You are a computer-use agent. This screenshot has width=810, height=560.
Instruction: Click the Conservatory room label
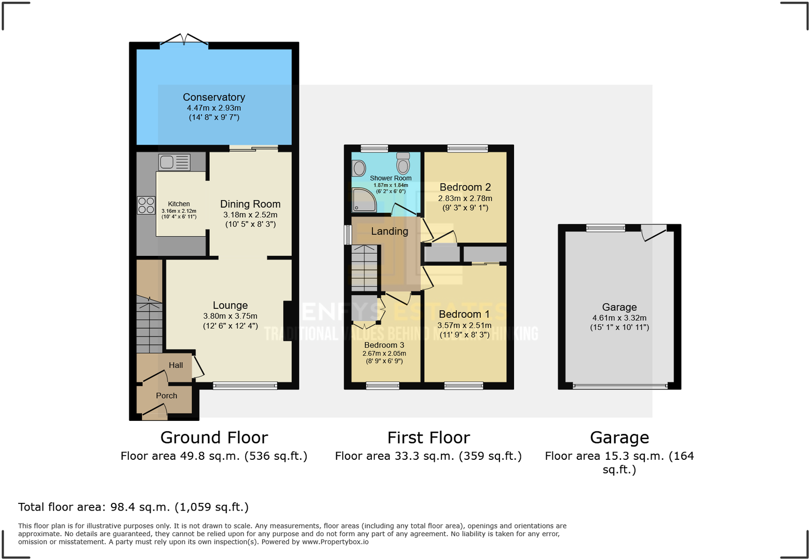[x=214, y=97]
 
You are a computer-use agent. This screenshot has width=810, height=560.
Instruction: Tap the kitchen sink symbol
[x=174, y=162]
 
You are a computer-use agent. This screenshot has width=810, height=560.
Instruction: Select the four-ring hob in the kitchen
[x=146, y=205]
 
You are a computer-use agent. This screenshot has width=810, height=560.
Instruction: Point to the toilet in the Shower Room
[x=403, y=163]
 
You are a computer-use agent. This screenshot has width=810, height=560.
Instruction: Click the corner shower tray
[x=363, y=200]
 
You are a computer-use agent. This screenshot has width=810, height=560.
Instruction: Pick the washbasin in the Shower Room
[x=359, y=168]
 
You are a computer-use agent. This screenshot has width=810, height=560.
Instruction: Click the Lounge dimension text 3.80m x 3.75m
[x=230, y=316]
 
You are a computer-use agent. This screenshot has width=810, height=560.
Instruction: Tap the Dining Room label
[x=250, y=204]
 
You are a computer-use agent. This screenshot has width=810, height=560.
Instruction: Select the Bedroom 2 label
[x=465, y=187]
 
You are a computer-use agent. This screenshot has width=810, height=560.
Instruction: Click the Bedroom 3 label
[x=384, y=345]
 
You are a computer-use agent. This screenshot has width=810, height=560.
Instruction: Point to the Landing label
[x=389, y=231]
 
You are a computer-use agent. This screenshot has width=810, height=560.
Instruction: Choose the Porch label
[x=167, y=395]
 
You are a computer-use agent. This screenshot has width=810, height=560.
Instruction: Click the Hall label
[x=176, y=365]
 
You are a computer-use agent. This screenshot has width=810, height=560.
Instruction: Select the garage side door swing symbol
[x=653, y=232]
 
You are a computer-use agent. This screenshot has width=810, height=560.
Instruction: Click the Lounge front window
[x=245, y=386]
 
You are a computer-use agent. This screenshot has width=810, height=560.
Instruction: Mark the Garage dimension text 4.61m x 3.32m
[x=619, y=318]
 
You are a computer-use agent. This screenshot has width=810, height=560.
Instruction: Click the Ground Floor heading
[x=214, y=438]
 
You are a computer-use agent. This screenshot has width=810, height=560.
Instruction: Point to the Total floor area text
[x=133, y=507]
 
